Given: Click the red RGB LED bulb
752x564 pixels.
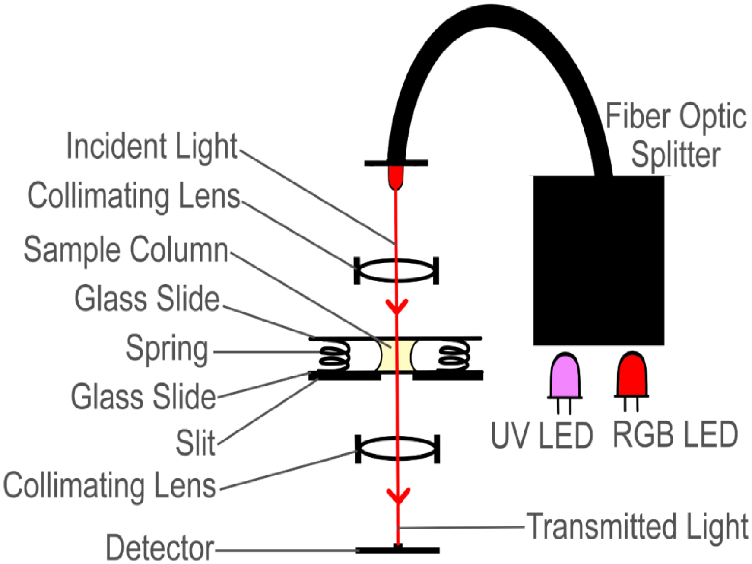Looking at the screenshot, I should pos(632,374).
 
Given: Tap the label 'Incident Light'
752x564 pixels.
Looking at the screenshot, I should pos(152,147).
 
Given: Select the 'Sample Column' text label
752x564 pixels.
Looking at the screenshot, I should pos(126,250).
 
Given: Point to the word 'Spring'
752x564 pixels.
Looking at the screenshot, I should pos(167,350).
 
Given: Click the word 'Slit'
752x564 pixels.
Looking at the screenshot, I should pos(195,443).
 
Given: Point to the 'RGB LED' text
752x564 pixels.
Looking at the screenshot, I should pos(676,435).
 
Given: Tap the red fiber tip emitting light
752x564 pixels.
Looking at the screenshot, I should pos(395,177).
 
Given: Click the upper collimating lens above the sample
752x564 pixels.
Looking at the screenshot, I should pos(397,271).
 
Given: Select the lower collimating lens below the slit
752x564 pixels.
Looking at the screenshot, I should pos(397,448).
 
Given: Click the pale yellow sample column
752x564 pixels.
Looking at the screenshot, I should pos(397,355).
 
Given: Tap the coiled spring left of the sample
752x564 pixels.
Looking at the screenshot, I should pos(335,355).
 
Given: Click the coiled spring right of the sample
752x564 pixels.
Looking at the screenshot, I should pos(454,355).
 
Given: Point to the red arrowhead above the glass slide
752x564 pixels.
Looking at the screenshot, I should pos(397,306).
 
